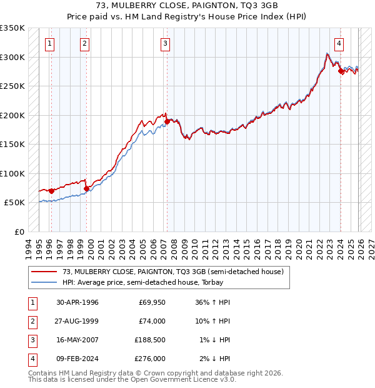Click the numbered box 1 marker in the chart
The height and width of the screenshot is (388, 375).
coord(49,44)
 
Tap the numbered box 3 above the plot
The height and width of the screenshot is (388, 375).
coord(165,44)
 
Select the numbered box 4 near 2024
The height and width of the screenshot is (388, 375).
coord(338,44)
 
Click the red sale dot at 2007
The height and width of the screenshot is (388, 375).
coord(167,122)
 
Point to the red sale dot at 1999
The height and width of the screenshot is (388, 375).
coord(86,188)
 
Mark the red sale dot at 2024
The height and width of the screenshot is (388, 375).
coord(341,71)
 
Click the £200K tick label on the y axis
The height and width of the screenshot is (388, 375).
coord(12,115)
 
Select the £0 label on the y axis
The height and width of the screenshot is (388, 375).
coord(19,232)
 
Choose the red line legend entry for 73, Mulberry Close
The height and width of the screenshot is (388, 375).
coord(173,272)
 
